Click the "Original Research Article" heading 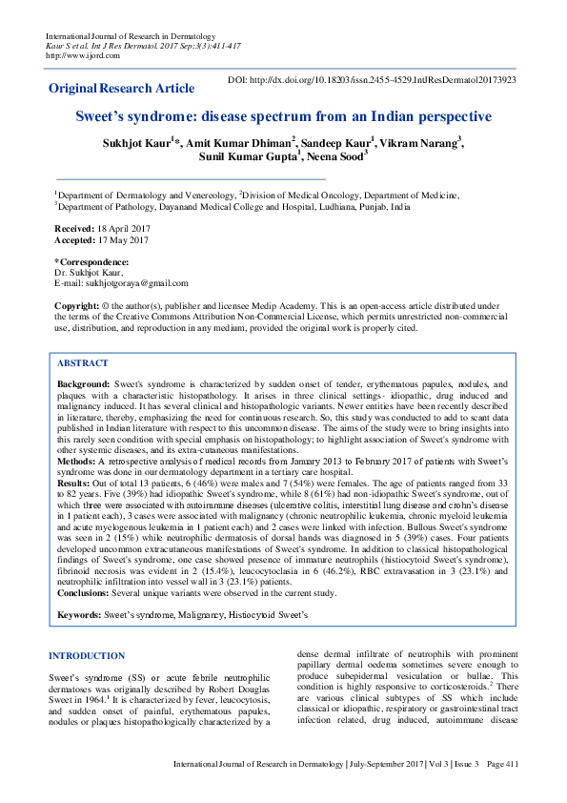[x=113, y=88]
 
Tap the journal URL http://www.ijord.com [x=79, y=54]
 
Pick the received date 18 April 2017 [x=120, y=229]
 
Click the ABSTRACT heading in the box [x=82, y=363]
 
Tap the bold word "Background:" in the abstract [x=84, y=382]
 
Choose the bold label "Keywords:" [x=79, y=616]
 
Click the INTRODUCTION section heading [x=86, y=655]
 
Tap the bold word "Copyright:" [x=77, y=305]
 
